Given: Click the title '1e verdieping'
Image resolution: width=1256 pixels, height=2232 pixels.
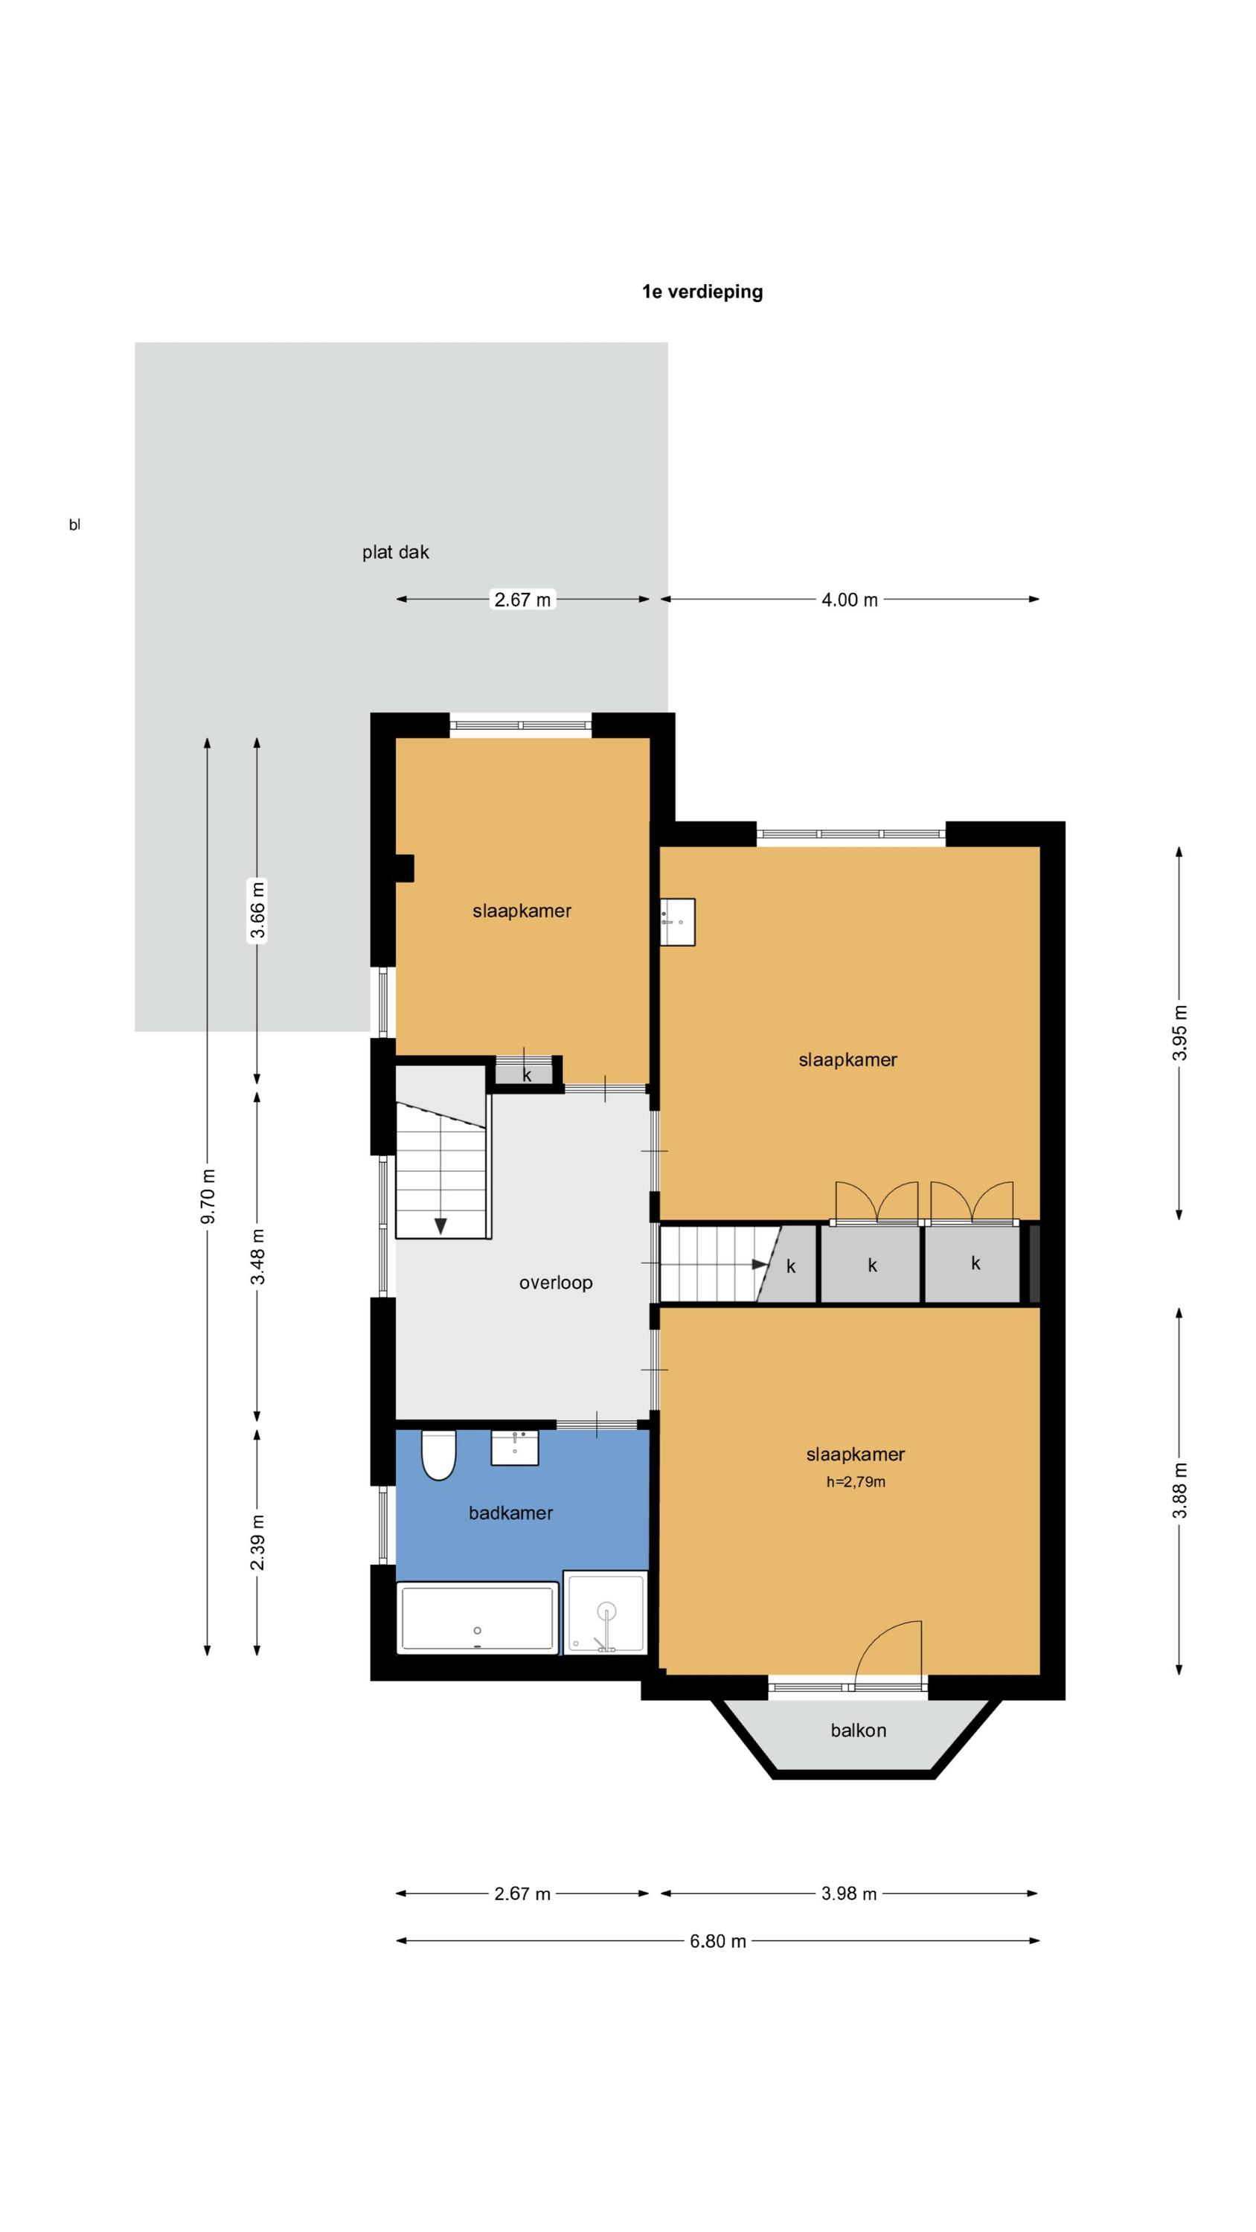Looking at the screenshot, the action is (x=702, y=292).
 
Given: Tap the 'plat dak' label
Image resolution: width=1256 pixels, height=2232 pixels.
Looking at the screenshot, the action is (x=395, y=552).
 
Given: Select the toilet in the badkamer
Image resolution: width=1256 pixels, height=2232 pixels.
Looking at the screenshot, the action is (x=438, y=1455).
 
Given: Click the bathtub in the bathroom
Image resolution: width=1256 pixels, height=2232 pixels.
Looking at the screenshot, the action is (x=478, y=1617).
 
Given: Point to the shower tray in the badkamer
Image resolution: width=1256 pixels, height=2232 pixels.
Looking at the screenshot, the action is (x=605, y=1612).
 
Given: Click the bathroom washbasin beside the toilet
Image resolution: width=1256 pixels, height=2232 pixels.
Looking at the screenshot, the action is (x=515, y=1447).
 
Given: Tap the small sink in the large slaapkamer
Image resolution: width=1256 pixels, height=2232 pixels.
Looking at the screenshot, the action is (x=677, y=922).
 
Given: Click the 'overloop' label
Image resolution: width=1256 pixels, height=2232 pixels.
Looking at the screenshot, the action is (x=556, y=1283).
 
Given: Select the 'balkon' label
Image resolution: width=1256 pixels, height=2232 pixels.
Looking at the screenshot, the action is (x=858, y=1731).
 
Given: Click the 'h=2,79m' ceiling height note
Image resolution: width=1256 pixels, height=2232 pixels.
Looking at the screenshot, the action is (x=856, y=1481).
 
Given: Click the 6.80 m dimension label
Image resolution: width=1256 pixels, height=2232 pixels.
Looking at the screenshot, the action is (x=718, y=1941).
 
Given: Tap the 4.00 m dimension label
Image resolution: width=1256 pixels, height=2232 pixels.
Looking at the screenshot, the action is (x=850, y=600).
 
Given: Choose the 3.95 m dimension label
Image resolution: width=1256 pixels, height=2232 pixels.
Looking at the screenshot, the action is (x=1179, y=1033).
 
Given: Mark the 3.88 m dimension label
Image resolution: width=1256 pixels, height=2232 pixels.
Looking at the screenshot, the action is (x=1179, y=1490).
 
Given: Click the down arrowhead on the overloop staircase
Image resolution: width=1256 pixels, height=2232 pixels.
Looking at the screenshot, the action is (x=440, y=1226).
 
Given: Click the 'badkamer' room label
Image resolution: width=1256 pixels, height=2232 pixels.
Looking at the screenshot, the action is (x=510, y=1513).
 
